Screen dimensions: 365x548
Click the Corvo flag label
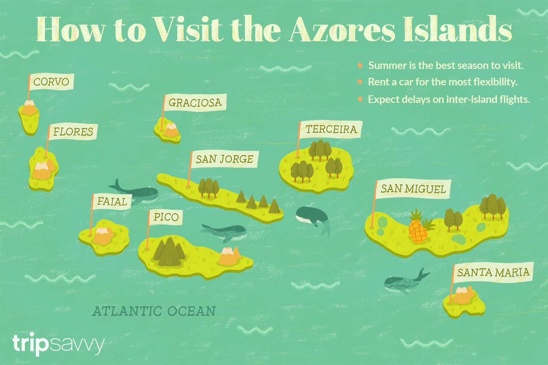51,82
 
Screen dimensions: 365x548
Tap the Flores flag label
73,132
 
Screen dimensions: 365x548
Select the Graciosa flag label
195,103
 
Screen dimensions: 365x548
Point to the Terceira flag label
331,129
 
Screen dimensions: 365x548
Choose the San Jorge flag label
224,159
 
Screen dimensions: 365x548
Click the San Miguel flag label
413,189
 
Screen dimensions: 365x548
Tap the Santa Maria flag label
493,272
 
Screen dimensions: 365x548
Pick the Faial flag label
111,201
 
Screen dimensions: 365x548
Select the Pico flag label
165,217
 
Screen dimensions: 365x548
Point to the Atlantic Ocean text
154,311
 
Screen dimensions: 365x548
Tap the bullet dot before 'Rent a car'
360,82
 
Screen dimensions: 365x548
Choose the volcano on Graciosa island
171,130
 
